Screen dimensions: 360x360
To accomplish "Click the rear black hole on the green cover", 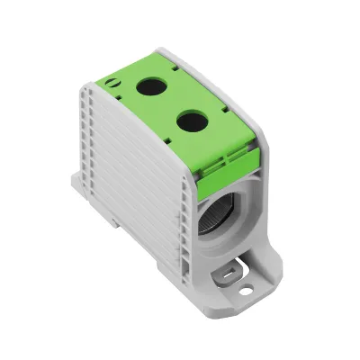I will [148, 88].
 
